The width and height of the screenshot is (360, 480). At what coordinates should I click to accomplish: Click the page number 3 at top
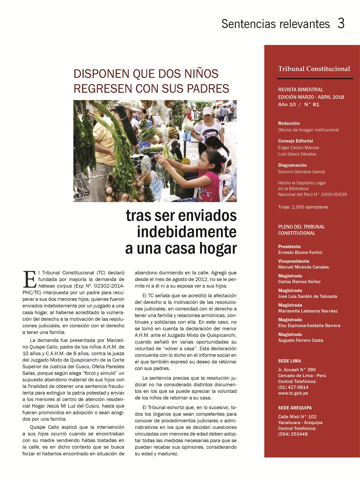(x=341, y=23)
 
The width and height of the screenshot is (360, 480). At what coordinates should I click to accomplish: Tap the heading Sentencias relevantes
(x=276, y=24)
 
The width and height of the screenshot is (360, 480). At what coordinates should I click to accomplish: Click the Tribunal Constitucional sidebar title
(x=314, y=69)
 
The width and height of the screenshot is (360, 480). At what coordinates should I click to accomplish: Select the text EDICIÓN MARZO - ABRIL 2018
(x=311, y=97)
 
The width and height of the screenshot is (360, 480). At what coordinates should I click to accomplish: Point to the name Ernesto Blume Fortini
(x=300, y=252)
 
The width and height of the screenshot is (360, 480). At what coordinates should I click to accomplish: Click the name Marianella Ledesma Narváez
(x=308, y=311)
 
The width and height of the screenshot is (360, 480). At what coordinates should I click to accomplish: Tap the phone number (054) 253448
(x=293, y=434)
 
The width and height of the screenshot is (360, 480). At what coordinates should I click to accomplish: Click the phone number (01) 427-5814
(x=293, y=387)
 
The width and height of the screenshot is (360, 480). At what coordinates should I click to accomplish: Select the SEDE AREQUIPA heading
(x=295, y=408)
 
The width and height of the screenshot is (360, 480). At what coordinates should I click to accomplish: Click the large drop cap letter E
(x=30, y=279)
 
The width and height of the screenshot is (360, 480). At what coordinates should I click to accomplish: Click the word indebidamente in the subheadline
(x=187, y=232)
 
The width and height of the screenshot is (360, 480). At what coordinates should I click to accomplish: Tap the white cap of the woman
(x=207, y=111)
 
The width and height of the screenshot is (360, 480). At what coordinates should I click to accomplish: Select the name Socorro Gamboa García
(x=301, y=172)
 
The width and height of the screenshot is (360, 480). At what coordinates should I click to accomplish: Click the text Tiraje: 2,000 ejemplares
(x=303, y=207)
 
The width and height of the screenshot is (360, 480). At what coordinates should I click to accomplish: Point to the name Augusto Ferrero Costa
(x=300, y=340)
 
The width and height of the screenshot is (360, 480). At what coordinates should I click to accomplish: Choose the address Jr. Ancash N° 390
(x=297, y=370)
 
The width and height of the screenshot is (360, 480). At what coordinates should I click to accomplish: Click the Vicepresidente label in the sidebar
(x=293, y=261)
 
